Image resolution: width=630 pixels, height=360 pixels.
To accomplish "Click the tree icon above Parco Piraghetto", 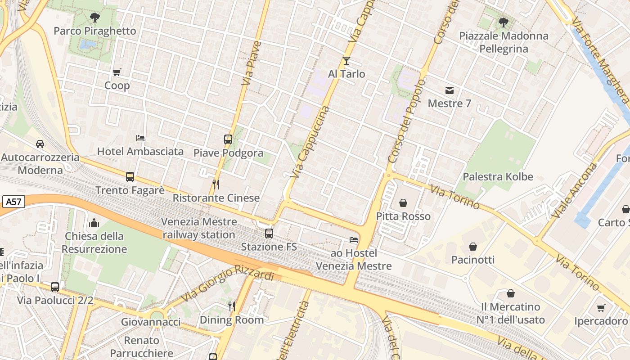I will (x=94, y=18).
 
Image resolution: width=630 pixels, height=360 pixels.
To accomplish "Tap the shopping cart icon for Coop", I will (x=117, y=72).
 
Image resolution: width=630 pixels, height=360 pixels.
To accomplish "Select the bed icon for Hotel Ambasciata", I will (x=140, y=138).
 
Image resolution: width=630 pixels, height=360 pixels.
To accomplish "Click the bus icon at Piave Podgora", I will (x=228, y=139).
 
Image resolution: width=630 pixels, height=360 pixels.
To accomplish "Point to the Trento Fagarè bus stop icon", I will (x=130, y=177).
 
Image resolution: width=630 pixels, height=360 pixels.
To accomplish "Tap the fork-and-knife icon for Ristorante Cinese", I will (x=216, y=184).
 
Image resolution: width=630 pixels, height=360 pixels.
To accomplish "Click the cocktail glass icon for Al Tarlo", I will (x=346, y=61).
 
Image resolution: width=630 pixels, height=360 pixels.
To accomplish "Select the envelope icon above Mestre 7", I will (x=449, y=90).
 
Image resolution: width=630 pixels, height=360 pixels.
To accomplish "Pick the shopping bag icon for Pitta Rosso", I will (x=403, y=203).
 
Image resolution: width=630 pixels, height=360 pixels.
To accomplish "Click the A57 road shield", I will (x=13, y=202).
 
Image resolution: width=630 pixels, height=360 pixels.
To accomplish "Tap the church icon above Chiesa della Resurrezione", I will (x=94, y=222).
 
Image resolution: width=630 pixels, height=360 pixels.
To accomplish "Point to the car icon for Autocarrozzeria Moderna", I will (x=40, y=144).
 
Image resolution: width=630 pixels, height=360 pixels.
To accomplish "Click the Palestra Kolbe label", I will (x=498, y=176).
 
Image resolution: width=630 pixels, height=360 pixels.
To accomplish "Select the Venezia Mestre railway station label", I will (x=199, y=228).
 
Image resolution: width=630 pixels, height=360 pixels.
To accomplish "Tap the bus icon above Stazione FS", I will (x=269, y=234).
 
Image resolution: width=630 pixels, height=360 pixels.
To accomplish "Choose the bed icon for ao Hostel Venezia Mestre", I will (x=354, y=240).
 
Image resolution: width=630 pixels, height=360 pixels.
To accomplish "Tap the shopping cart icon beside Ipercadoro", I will (x=601, y=308).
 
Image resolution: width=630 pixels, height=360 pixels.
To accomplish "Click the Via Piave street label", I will (x=251, y=63).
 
